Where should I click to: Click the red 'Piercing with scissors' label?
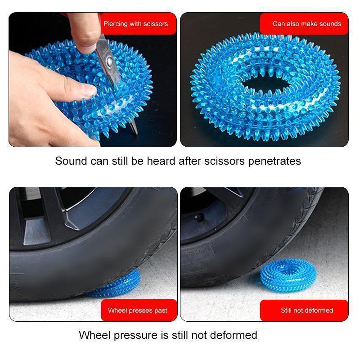pos(135,24)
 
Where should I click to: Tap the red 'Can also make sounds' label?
pos(306,24)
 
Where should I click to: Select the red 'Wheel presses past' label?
pos(137,310)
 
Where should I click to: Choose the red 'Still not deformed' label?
pos(307,310)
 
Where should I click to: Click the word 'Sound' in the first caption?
pos(71,161)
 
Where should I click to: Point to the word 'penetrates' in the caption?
pos(274,161)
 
